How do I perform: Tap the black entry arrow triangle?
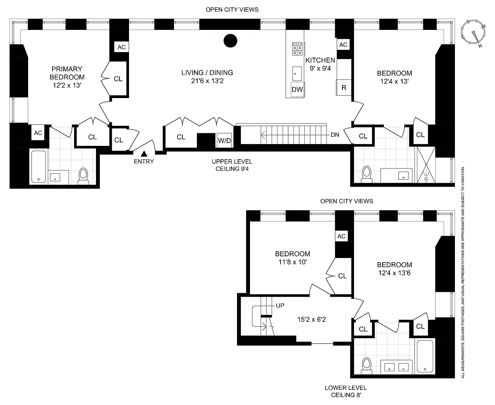tap(144, 154)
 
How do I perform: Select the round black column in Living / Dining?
tap(230, 41)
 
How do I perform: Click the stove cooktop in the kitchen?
tap(297, 49)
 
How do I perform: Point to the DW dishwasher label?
tap(297, 89)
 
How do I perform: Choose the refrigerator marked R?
tap(343, 87)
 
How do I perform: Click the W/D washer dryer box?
tap(224, 140)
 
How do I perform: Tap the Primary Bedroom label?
tap(67, 77)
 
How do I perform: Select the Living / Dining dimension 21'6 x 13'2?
tap(207, 81)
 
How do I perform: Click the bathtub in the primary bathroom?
tap(38, 167)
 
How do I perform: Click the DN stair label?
tap(335, 135)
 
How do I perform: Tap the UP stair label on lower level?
tap(280, 306)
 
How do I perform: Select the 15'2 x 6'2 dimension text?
tap(311, 319)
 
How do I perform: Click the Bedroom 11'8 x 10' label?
tap(293, 258)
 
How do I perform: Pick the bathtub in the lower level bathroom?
tap(425, 356)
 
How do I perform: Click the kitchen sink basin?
tap(297, 74)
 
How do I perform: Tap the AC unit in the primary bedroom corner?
tap(38, 133)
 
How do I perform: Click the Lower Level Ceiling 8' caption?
tap(346, 391)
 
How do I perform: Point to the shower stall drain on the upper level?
tap(426, 179)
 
